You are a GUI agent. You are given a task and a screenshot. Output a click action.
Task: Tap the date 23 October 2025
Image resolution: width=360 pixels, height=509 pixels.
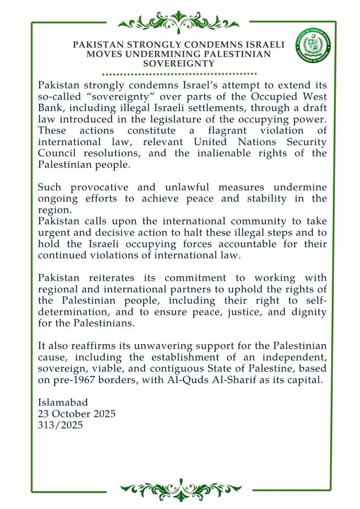76,414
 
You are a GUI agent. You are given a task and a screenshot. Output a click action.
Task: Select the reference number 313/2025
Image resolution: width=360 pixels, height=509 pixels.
60,425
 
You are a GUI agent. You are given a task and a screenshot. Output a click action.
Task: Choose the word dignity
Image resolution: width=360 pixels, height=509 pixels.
303,312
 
